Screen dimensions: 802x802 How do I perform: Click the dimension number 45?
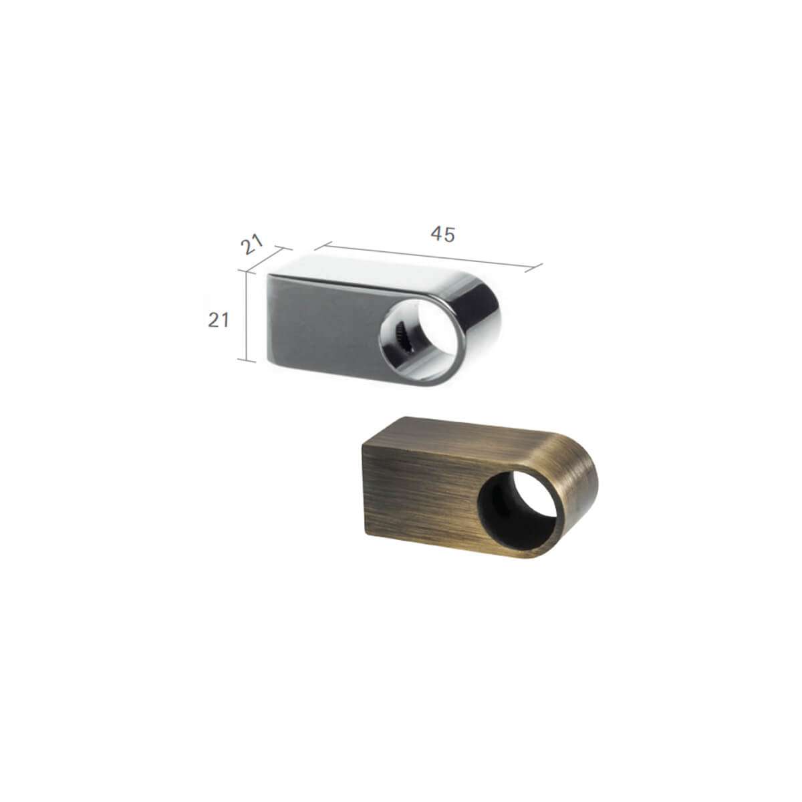tap(442, 235)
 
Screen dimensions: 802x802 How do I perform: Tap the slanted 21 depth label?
tap(252, 245)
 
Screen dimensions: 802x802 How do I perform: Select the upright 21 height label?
tap(219, 320)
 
